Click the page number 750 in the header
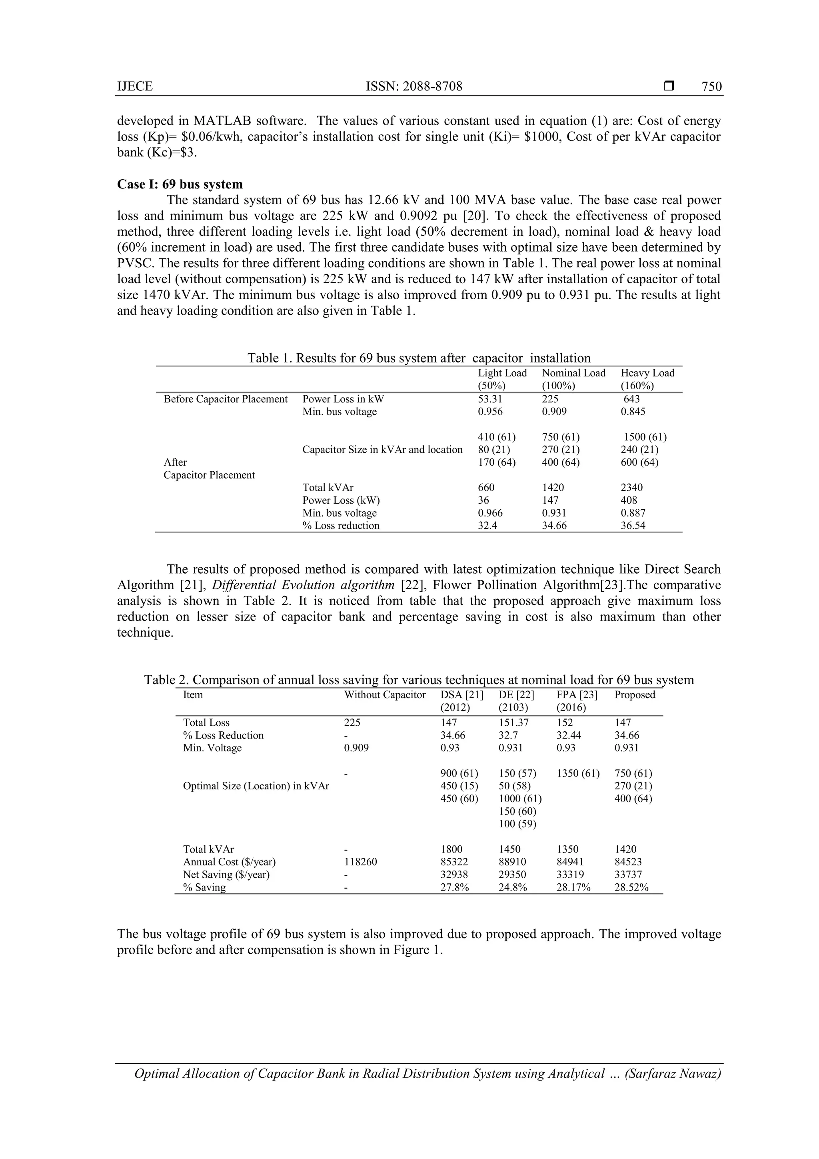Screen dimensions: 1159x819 pos(711,87)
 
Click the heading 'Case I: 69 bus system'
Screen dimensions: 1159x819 pos(180,184)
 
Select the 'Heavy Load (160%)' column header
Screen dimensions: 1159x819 pos(647,379)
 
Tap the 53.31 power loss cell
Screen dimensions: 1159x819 pos(490,399)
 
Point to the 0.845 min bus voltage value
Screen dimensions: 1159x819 pos(632,411)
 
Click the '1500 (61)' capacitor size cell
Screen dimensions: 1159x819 pos(645,436)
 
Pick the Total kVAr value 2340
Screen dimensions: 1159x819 pos(631,488)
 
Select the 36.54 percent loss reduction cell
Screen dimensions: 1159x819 pos(633,525)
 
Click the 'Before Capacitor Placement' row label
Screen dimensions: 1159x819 pos(225,399)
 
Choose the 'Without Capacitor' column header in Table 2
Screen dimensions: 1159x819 pos(385,695)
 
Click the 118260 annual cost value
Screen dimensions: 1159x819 pos(360,862)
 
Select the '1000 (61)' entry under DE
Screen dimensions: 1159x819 pos(520,799)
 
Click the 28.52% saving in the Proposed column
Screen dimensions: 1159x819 pos(631,887)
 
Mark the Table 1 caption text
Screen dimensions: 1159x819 pos(418,358)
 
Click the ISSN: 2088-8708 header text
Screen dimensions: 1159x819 pos(414,87)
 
